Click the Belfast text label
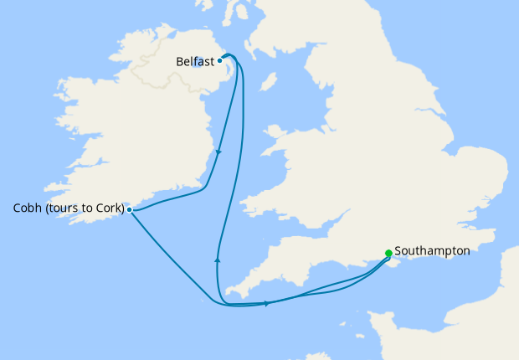click(195, 61)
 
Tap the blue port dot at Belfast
click(219, 60)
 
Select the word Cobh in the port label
click(28, 208)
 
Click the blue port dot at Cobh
click(129, 209)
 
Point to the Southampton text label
click(432, 250)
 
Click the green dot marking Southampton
click(388, 253)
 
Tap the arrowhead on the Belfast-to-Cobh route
click(218, 152)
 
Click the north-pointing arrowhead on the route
click(218, 260)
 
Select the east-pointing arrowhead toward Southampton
click(267, 303)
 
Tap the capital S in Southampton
click(398, 250)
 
